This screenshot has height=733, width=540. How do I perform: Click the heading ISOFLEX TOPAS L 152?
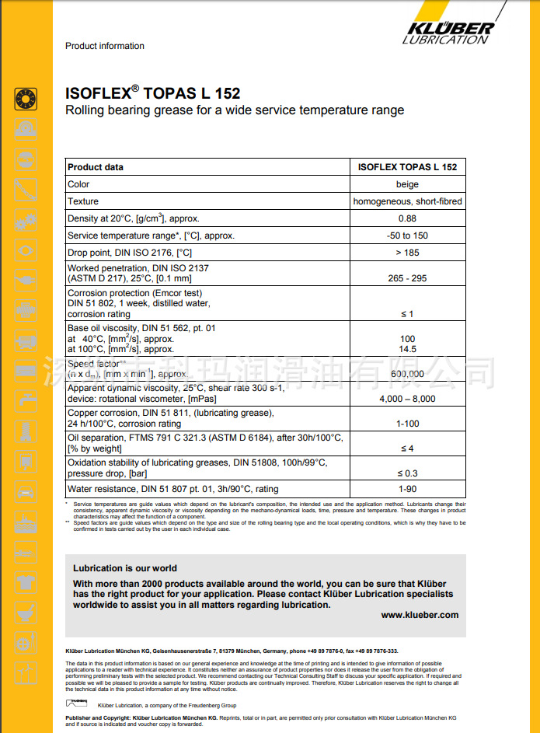tap(152, 93)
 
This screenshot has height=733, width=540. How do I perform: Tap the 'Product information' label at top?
tap(105, 46)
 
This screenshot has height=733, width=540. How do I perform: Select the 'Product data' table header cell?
tap(96, 167)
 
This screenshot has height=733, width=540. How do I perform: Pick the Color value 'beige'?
tap(407, 184)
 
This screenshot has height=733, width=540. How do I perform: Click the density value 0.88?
tap(407, 218)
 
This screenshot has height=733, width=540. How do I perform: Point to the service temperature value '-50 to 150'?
tap(407, 236)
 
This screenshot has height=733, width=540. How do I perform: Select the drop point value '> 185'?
tap(407, 253)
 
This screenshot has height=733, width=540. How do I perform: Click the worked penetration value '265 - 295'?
tap(407, 278)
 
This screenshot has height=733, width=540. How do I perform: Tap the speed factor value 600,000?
tap(407, 374)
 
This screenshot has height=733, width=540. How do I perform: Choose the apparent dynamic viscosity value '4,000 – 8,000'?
tap(407, 399)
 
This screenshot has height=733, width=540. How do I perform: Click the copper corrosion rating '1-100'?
tap(407, 424)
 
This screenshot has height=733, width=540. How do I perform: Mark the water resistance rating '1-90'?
tap(407, 489)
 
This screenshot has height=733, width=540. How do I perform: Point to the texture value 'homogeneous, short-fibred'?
tap(407, 201)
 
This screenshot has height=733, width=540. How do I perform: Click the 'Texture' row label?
tap(83, 201)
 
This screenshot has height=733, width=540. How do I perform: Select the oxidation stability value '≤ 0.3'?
tap(407, 473)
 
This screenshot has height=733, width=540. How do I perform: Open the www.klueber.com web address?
tap(420, 614)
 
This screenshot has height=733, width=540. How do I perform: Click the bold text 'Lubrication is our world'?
tap(125, 568)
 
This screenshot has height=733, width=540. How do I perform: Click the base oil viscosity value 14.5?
tap(407, 349)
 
